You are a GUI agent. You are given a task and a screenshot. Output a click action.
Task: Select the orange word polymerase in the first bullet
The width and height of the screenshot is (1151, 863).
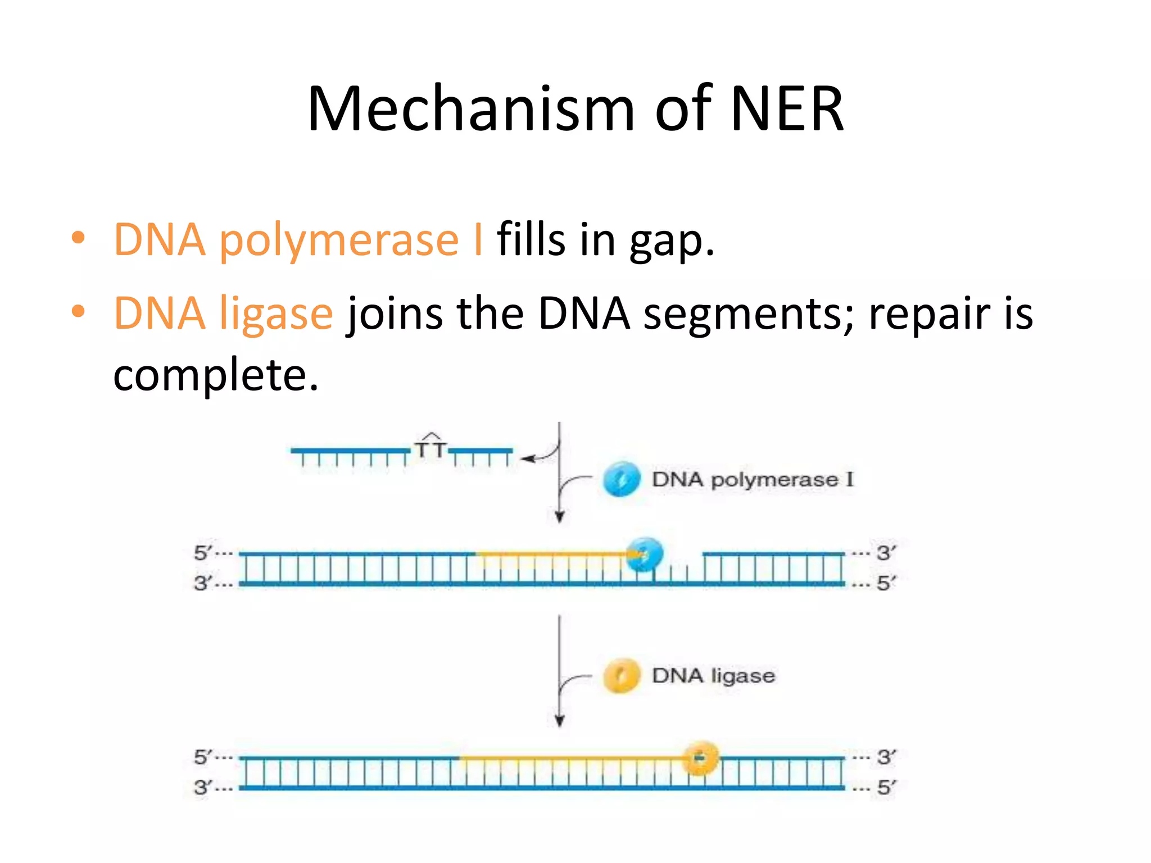[339, 240]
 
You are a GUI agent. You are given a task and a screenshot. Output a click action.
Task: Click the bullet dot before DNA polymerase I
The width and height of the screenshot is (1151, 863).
[78, 238]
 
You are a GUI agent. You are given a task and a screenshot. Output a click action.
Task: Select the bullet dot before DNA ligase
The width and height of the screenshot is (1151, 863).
[78, 311]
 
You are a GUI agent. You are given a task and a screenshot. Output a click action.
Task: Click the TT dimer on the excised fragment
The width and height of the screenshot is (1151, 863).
[431, 448]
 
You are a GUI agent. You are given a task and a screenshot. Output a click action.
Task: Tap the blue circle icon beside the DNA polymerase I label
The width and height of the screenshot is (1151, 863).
[621, 479]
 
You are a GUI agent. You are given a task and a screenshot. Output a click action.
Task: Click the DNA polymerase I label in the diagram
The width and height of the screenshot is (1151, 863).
[752, 480]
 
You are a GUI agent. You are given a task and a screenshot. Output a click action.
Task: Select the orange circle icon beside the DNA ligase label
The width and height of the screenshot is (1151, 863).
[621, 675]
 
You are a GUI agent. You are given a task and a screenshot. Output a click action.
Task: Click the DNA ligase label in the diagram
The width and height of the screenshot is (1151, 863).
[713, 675]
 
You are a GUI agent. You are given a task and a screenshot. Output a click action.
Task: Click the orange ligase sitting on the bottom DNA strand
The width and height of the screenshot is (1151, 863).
[700, 758]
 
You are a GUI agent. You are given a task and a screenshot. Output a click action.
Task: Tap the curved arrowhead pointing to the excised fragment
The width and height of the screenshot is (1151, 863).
[527, 459]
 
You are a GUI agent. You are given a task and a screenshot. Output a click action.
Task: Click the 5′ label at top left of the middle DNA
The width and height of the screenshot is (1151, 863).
[203, 553]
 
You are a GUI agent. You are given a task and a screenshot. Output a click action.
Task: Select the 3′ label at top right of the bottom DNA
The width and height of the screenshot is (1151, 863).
[886, 757]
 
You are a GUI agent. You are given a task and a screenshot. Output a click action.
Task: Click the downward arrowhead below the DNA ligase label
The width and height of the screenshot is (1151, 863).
[559, 721]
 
